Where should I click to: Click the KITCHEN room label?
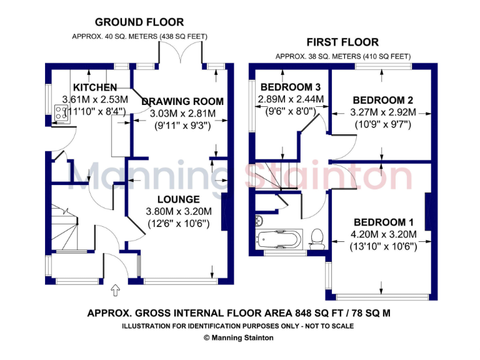[95, 87]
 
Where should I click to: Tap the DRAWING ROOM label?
[182, 101]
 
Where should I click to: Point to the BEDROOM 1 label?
[383, 222]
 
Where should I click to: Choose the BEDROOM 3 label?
[291, 87]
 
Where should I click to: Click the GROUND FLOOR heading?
[131, 22]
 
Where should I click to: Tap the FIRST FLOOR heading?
[342, 42]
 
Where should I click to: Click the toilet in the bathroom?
[317, 238]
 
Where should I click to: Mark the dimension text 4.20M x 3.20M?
[383, 235]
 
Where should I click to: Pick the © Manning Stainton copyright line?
[239, 337]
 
